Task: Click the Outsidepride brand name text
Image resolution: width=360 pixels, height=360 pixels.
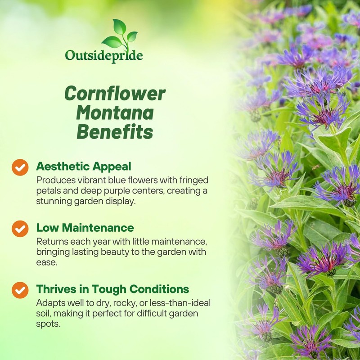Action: [104, 56]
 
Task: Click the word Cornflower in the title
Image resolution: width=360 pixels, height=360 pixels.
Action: [115, 94]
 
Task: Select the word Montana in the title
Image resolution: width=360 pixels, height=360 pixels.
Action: [114, 113]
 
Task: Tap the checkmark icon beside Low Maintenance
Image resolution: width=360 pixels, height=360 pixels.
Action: [20, 229]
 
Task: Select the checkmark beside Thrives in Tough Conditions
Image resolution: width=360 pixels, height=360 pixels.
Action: [20, 290]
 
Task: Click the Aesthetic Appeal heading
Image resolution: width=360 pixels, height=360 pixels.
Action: [84, 166]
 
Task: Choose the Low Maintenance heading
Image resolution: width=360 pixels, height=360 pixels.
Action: [85, 228]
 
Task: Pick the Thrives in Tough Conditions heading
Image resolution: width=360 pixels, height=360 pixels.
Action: [112, 289]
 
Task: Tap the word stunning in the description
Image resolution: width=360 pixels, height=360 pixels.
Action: [56, 201]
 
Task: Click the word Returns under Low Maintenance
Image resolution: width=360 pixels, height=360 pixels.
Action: [51, 241]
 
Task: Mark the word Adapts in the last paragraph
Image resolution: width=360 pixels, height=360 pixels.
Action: [49, 302]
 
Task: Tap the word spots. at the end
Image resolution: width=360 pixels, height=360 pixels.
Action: [48, 324]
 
